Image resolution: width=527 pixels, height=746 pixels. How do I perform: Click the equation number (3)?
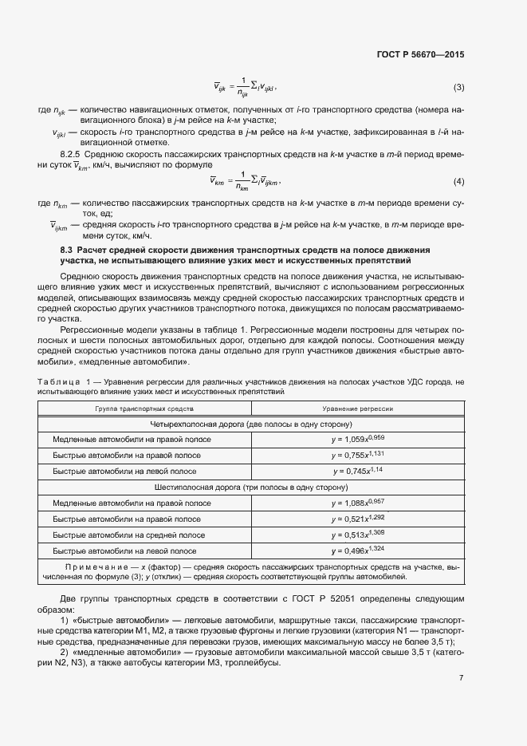click(458, 87)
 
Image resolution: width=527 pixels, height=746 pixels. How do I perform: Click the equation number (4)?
click(458, 182)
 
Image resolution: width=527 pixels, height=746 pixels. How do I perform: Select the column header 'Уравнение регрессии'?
click(357, 408)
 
